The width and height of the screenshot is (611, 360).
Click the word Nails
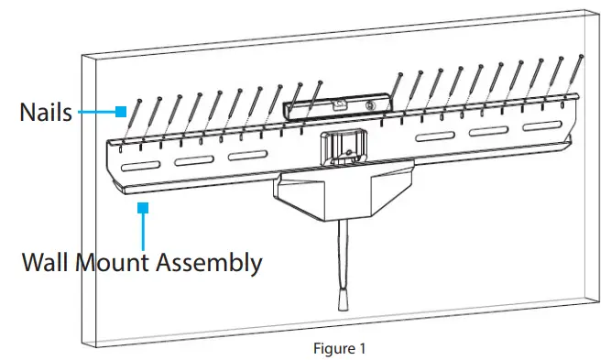[x=46, y=113]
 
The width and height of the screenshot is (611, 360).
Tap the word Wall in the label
[x=50, y=263]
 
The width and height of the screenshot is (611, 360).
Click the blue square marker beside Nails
[x=120, y=112]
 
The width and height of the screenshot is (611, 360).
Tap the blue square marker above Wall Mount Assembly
[x=142, y=210]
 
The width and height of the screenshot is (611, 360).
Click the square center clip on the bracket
[x=340, y=147]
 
